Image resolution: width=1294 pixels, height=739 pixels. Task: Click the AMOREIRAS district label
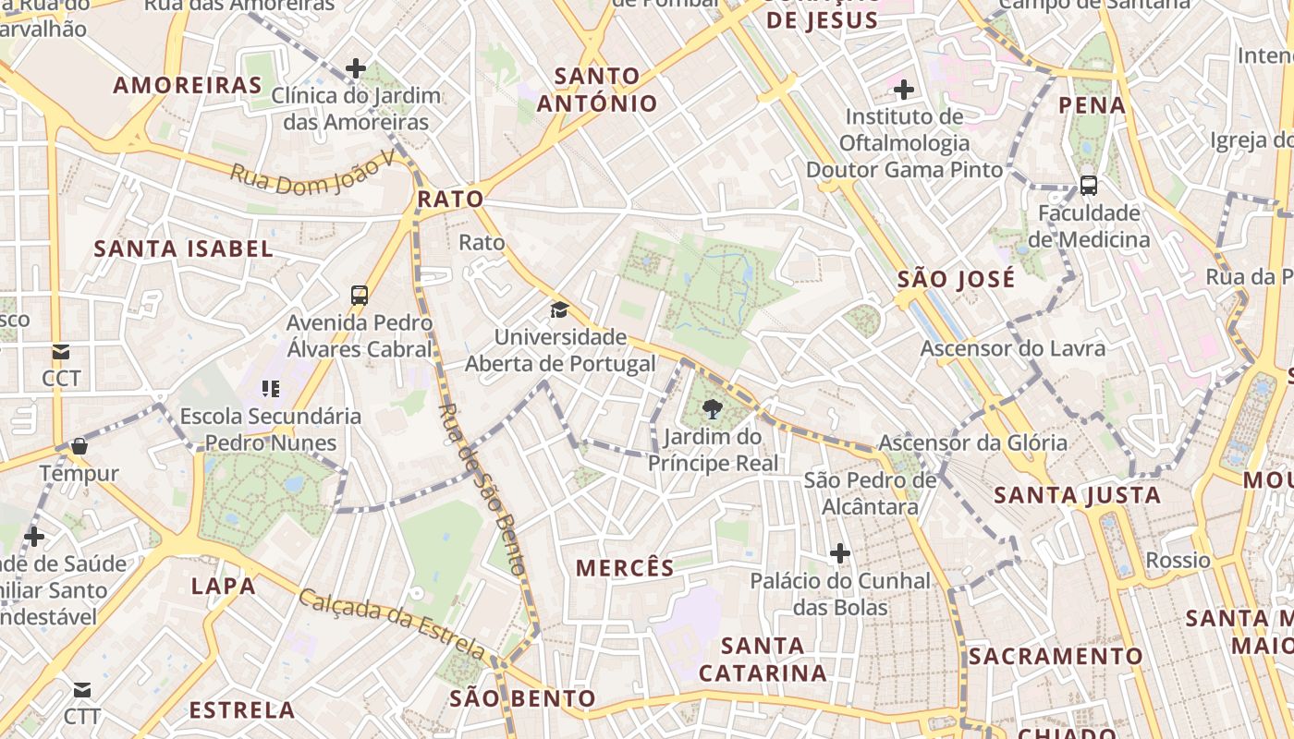(x=188, y=86)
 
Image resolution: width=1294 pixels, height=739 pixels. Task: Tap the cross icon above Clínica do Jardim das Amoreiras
(x=356, y=67)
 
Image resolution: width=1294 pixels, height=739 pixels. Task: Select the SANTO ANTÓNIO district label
(x=597, y=90)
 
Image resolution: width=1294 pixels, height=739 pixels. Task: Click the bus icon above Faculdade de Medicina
(x=1089, y=185)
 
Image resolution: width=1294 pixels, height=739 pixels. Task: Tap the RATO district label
(x=450, y=199)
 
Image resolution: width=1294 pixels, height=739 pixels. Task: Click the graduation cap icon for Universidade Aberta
(x=559, y=309)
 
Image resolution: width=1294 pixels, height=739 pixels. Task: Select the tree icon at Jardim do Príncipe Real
(x=712, y=409)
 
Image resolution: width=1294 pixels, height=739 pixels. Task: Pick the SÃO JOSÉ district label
(x=956, y=279)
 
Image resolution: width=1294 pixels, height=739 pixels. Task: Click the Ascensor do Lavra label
(x=1012, y=348)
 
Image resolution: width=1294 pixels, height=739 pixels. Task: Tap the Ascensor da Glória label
(x=972, y=442)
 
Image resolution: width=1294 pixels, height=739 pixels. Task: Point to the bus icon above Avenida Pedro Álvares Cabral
(x=360, y=296)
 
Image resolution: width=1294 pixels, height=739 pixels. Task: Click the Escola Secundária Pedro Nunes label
(x=271, y=429)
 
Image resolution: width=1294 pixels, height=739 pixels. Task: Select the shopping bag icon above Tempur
(x=79, y=446)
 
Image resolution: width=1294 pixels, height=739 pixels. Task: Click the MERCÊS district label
(x=625, y=568)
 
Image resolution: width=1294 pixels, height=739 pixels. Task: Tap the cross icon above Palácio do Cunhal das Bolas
(x=839, y=553)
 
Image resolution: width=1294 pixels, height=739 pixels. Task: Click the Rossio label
(x=1178, y=560)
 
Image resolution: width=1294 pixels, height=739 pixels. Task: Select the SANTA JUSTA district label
(x=1077, y=495)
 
